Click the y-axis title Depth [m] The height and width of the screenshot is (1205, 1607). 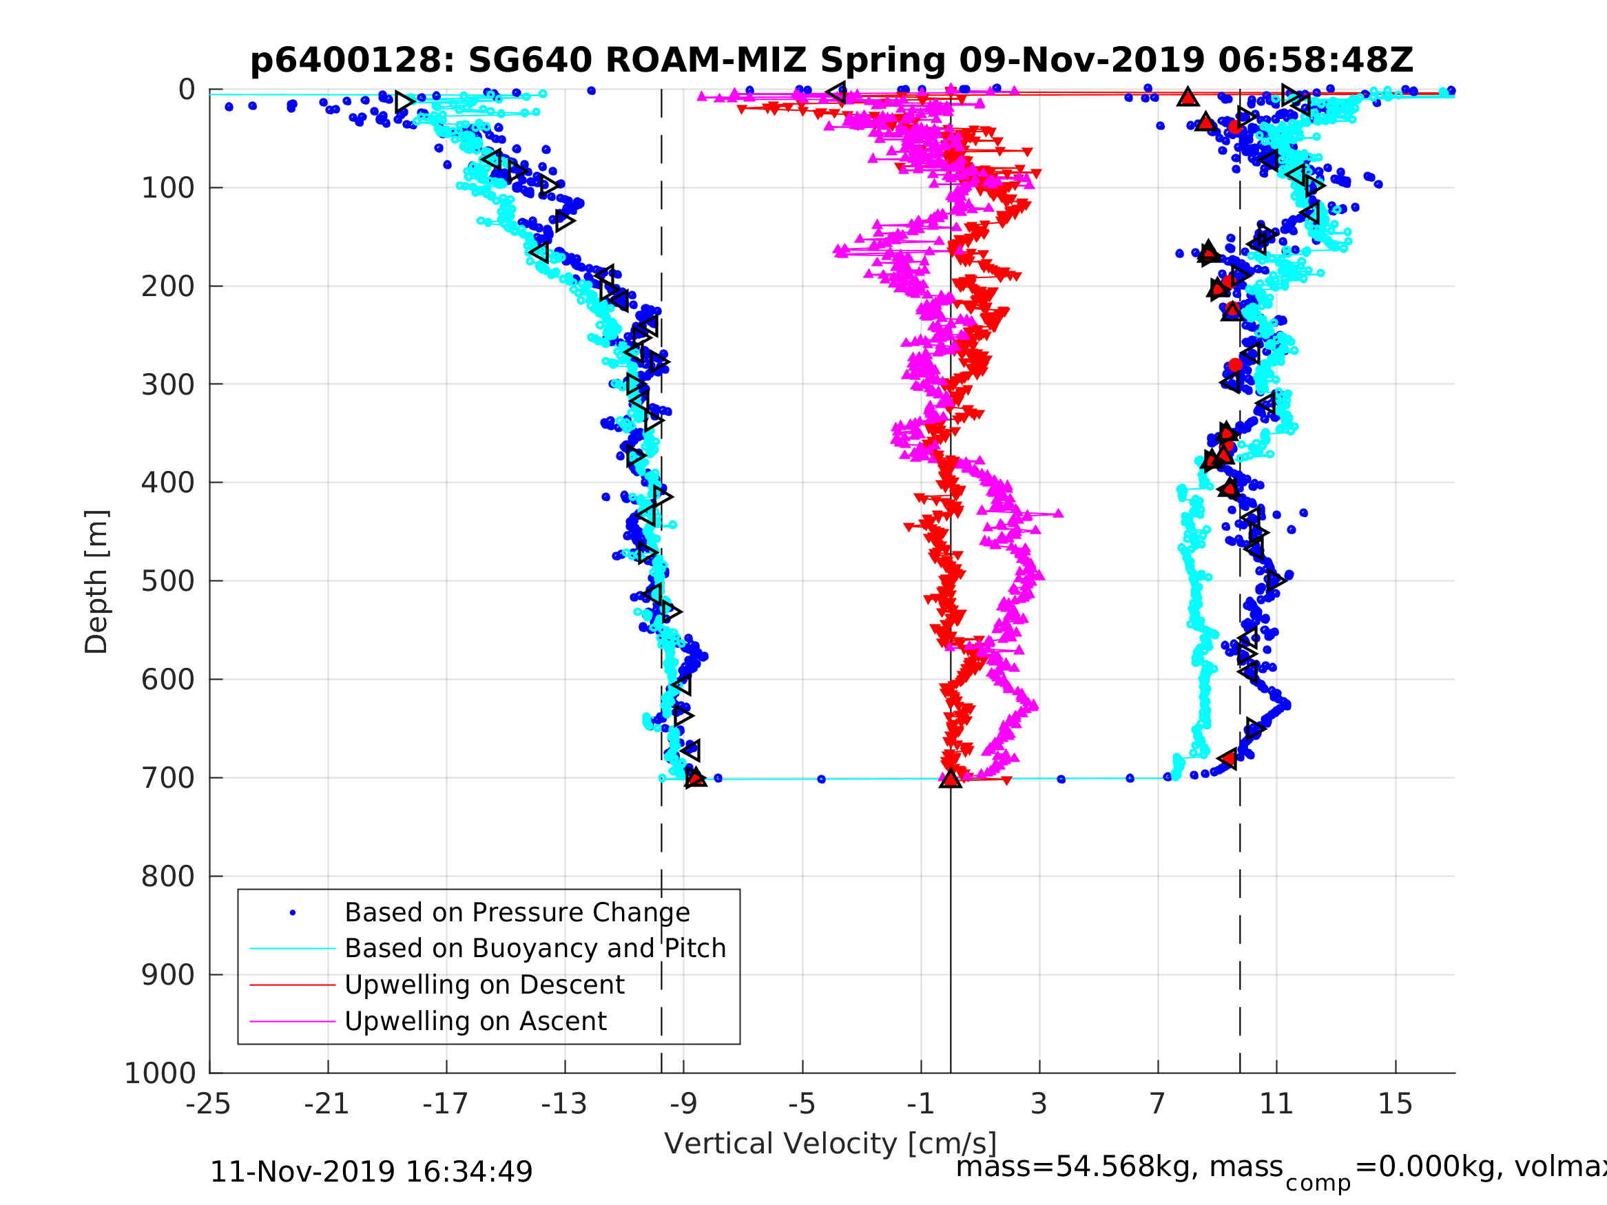[96, 582]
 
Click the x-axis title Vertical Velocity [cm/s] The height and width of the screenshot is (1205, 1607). [831, 1143]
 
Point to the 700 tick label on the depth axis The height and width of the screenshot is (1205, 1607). [168, 778]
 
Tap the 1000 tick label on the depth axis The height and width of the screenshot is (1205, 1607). [160, 1073]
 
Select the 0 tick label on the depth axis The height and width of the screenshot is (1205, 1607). [187, 90]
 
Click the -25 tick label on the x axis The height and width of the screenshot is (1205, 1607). [209, 1104]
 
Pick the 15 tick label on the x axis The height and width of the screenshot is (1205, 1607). [1395, 1104]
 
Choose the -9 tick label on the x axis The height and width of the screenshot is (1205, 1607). [683, 1104]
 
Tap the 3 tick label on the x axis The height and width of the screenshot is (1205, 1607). [1039, 1104]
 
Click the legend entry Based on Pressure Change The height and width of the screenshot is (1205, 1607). [517, 913]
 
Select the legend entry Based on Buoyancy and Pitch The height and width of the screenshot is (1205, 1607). [535, 949]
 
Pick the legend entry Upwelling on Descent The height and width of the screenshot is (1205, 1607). [484, 985]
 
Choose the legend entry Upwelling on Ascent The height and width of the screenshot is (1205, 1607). [475, 1021]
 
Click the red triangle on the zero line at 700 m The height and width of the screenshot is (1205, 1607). [951, 779]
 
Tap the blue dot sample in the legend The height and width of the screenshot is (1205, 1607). [293, 913]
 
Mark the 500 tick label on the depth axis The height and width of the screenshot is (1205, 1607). [168, 581]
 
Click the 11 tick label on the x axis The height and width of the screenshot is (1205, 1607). [1276, 1104]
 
